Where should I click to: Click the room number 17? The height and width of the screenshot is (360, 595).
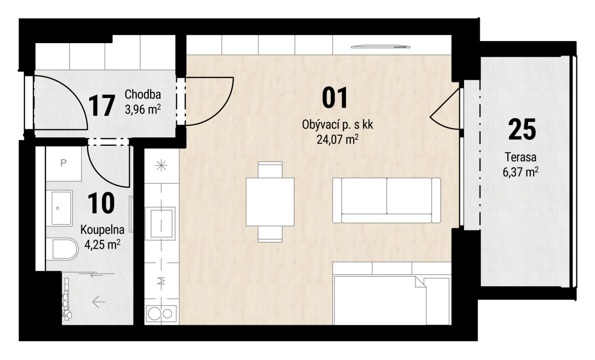click(x=102, y=106)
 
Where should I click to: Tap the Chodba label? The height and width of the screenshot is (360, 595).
click(x=143, y=94)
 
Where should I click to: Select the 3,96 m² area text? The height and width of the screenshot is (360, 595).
click(x=143, y=109)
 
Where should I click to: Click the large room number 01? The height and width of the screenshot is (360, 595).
click(x=334, y=98)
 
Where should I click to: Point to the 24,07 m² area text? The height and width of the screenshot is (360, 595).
click(x=337, y=139)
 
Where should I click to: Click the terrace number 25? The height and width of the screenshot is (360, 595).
click(x=522, y=129)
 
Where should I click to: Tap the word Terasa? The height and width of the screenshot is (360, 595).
click(x=520, y=157)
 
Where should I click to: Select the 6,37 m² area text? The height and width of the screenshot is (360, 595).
click(x=520, y=172)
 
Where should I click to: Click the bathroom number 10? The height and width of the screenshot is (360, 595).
click(x=101, y=203)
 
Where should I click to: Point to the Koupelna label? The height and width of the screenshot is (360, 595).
click(x=102, y=230)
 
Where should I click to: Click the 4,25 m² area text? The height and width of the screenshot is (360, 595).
click(x=102, y=244)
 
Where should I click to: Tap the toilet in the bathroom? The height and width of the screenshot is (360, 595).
click(x=62, y=249)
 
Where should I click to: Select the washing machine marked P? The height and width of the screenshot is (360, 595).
click(x=63, y=164)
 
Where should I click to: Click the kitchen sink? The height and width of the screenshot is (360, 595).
click(x=160, y=223)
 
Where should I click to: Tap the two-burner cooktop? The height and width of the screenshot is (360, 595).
click(x=161, y=314)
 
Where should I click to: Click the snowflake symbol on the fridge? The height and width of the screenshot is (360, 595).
click(x=161, y=166)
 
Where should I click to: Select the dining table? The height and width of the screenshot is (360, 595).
click(x=270, y=202)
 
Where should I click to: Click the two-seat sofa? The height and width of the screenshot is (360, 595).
click(x=386, y=200)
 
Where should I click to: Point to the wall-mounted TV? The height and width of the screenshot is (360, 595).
click(x=380, y=47)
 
